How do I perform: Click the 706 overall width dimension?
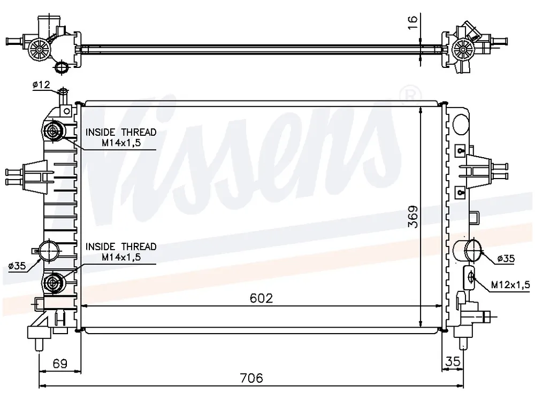click(x=251, y=378)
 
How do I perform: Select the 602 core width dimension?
click(x=262, y=298)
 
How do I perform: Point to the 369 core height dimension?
click(x=413, y=216)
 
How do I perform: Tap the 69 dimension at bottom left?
click(x=60, y=364)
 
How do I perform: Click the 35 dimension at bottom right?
click(x=453, y=361)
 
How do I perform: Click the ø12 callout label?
click(x=41, y=85)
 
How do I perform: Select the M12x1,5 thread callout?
click(x=510, y=284)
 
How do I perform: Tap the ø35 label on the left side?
click(x=17, y=266)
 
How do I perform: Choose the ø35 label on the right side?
click(x=506, y=259)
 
